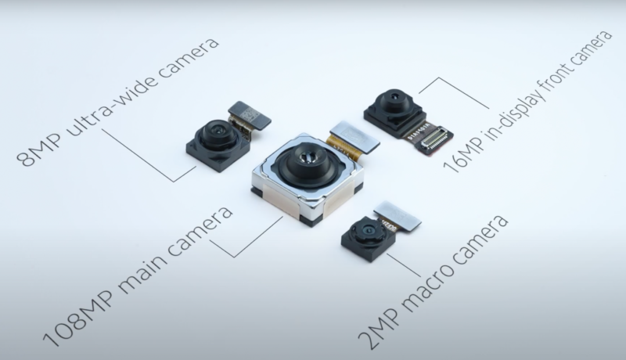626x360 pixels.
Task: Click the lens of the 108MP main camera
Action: point(307,157)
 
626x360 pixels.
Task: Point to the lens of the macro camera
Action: point(365,230)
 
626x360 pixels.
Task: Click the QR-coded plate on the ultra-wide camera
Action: point(250,114)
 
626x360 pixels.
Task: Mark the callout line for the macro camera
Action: point(404,265)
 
